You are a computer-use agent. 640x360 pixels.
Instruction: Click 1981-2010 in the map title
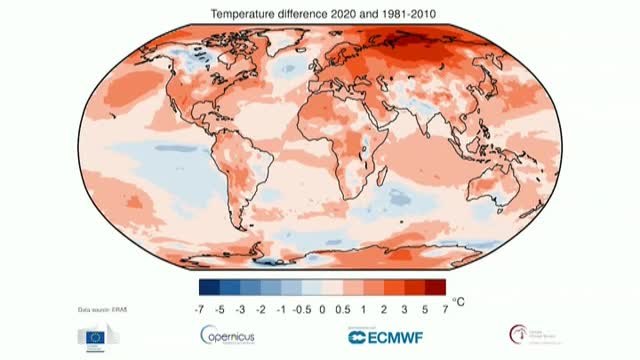[403, 12]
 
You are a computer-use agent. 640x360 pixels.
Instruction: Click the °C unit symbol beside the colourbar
[458, 298]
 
